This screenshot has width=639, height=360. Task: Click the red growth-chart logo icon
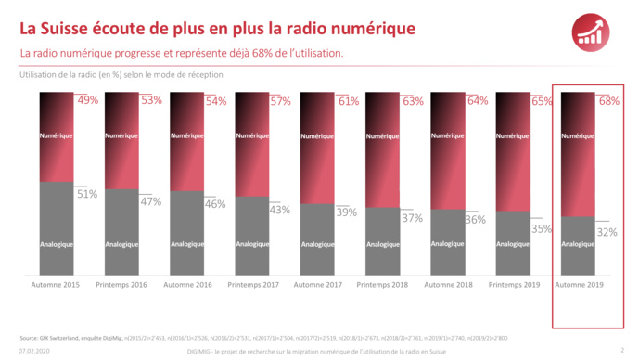coord(592,31)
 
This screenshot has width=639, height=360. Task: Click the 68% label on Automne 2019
coord(608,100)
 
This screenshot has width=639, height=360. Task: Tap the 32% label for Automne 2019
coord(607,232)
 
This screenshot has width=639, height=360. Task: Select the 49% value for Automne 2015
coord(88,100)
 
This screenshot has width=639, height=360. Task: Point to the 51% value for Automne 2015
coord(86,194)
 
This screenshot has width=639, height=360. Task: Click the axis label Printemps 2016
coord(121,285)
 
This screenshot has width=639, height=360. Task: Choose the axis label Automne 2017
coord(317,285)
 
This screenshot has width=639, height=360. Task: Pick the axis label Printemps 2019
coord(513,285)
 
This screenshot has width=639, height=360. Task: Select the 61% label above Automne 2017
coord(348,100)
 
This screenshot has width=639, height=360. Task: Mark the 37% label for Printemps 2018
coord(412,218)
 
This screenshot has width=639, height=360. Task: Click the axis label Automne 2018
coord(447,285)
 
